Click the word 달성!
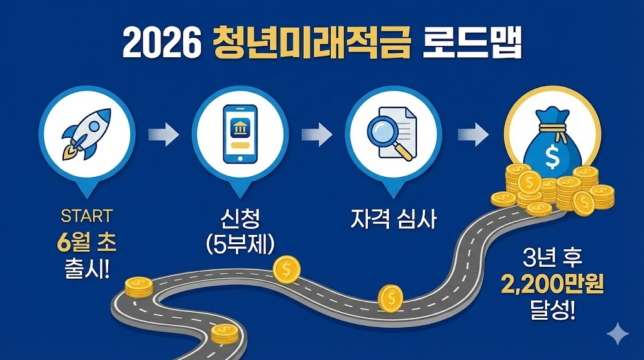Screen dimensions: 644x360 click(553, 311)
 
